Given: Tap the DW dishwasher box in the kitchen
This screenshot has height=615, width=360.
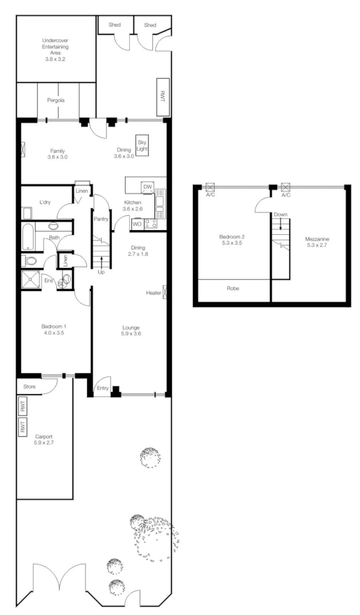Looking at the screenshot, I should point(147,187).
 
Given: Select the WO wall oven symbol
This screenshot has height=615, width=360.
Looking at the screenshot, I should point(137,224).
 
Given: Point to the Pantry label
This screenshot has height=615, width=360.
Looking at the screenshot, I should point(101,219).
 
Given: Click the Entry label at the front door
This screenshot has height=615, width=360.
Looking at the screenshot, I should point(102,388).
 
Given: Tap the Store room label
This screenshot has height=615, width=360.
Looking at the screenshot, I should point(29,386).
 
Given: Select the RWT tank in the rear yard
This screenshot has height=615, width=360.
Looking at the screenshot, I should point(161,91).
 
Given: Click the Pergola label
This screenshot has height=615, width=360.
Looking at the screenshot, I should point(56,101).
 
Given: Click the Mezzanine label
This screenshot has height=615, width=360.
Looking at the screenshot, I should point(316,242).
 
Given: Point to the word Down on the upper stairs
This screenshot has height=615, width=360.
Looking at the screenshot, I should point(281,215).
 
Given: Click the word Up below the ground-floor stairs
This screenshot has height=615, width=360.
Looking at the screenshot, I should point(101,272).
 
